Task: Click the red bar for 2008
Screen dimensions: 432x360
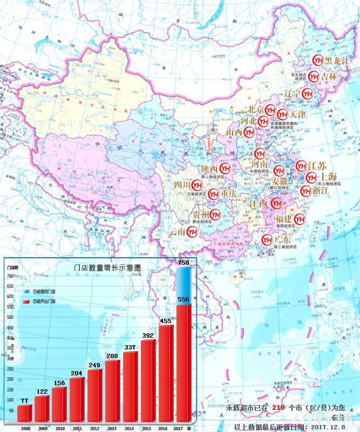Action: coord(24,413)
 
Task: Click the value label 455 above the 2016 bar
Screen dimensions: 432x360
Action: coord(166,320)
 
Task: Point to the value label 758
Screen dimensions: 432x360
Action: coord(184,263)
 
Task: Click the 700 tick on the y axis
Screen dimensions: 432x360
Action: coord(10,276)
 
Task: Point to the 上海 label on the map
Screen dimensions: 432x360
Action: coord(328,176)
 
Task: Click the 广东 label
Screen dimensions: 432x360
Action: coord(282,239)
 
